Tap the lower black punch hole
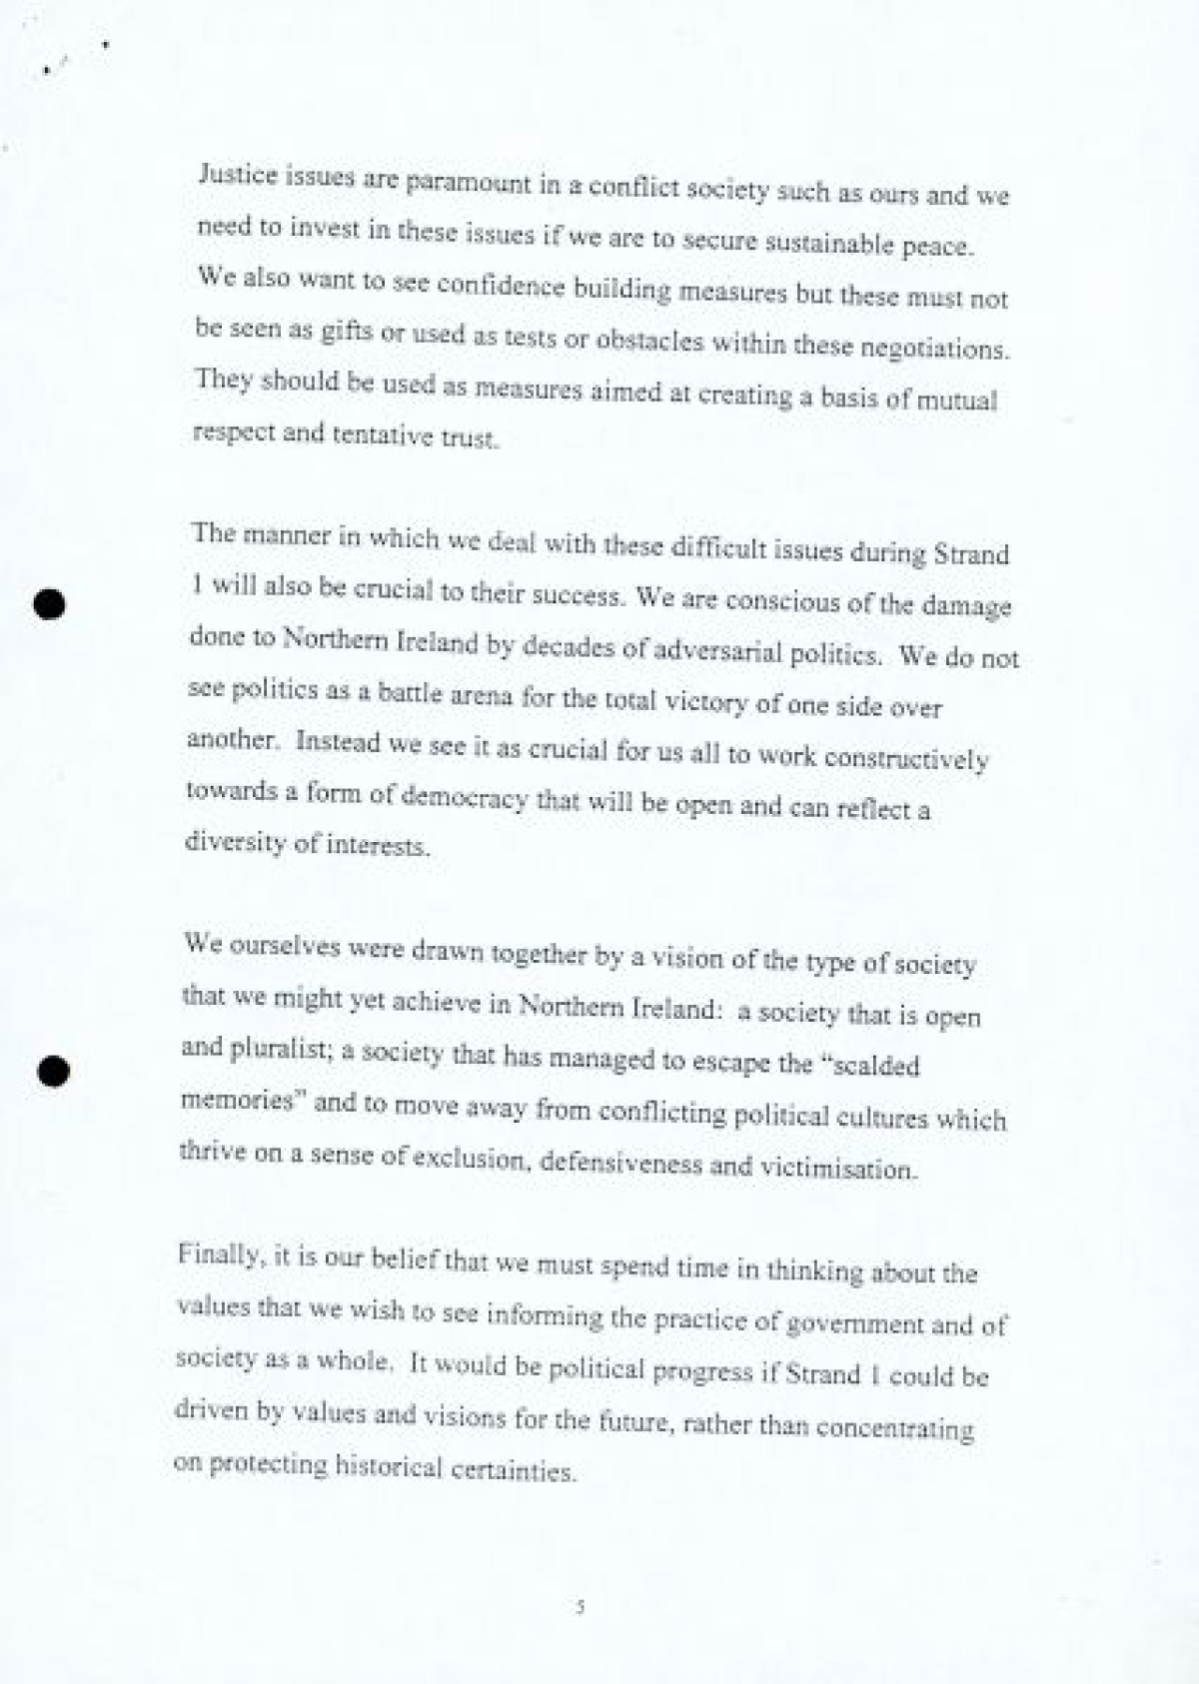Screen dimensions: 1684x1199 pyautogui.click(x=54, y=1070)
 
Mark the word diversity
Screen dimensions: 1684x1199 pyautogui.click(x=236, y=842)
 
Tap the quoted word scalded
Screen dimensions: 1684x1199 pyautogui.click(x=872, y=1064)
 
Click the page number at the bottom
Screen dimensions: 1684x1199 pyautogui.click(x=580, y=1607)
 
